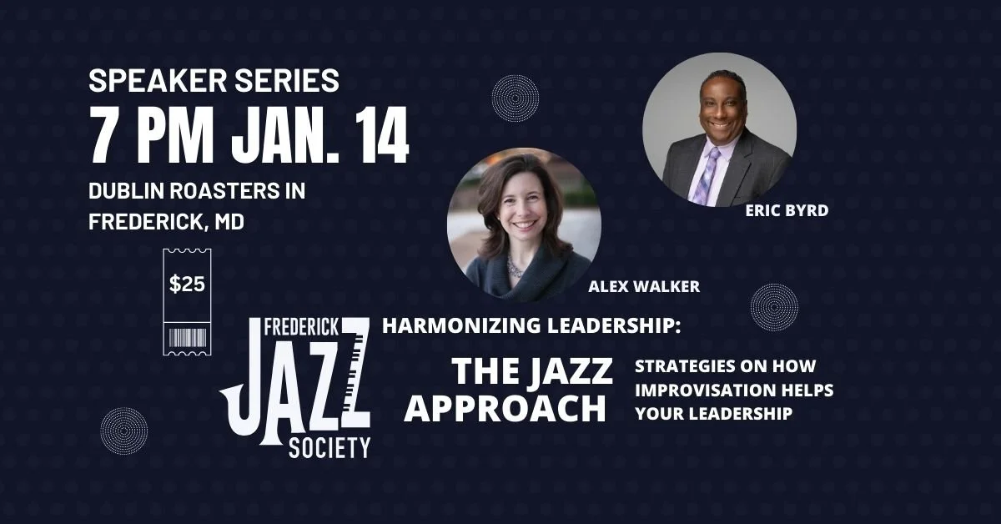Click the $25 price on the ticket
187,285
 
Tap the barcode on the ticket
187,338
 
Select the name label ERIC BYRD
787,210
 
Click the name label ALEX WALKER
644,287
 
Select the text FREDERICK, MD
167,224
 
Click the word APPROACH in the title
510,408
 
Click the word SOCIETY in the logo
329,449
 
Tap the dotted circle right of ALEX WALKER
774,305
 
